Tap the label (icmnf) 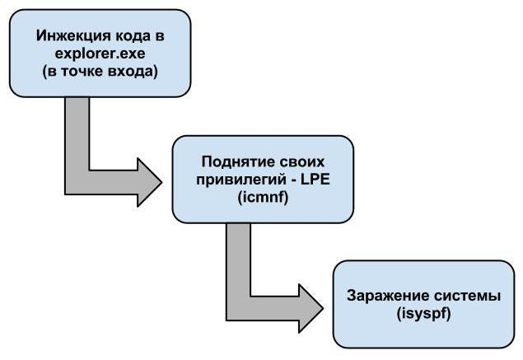(262, 198)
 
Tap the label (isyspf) (423, 314)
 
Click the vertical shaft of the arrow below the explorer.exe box (76, 136)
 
